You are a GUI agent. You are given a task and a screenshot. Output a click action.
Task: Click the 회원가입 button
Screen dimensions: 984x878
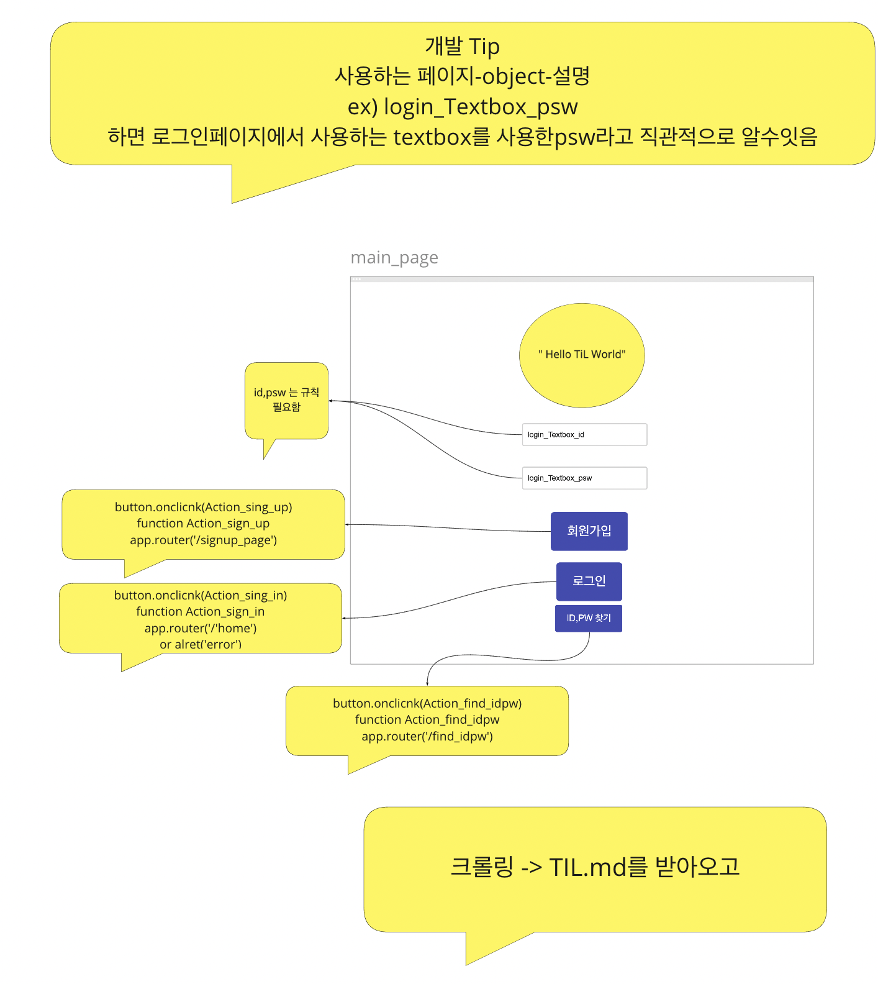pos(589,531)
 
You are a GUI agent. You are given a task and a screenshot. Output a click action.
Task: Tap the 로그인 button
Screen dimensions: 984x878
pos(589,581)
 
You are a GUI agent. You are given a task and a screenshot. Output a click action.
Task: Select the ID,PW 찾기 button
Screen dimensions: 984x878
pos(589,618)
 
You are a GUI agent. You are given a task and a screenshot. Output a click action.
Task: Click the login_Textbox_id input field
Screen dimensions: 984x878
pos(584,435)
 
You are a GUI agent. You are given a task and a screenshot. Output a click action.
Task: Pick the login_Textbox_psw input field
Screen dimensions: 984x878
pos(584,478)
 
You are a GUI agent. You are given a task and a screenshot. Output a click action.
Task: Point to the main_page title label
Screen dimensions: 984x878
pos(394,258)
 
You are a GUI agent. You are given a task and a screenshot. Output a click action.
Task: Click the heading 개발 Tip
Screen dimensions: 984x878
pos(463,47)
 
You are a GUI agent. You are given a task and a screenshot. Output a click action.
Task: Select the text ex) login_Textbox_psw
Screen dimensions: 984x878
pos(463,107)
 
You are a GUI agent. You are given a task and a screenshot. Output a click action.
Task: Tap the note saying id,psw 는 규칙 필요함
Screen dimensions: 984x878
pos(286,399)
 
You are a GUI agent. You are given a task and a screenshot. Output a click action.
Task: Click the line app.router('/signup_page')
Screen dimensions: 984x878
pos(203,540)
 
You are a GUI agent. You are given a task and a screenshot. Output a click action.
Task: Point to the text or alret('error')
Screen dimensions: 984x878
pos(201,645)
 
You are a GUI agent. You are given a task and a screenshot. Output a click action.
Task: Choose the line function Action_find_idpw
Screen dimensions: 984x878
pos(427,720)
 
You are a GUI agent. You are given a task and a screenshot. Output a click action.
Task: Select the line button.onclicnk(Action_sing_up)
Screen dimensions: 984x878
pos(203,508)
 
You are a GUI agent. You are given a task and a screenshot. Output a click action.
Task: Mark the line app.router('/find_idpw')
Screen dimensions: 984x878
pos(427,737)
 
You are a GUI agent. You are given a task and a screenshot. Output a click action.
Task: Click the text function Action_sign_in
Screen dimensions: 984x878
pos(201,612)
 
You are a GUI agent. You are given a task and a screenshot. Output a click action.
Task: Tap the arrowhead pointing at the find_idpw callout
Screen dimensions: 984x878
pos(427,683)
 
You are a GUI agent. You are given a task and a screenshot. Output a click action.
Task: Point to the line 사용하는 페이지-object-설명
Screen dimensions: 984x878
pos(463,76)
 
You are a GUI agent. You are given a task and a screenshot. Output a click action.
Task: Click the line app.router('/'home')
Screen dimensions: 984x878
pos(201,629)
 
